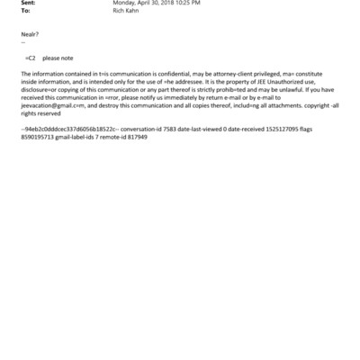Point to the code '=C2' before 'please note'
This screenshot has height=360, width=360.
point(31,56)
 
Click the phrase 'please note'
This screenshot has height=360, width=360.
point(58,56)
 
